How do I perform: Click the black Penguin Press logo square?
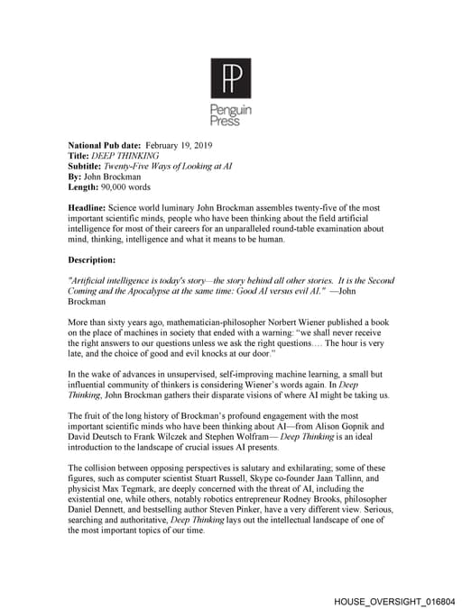(x=230, y=78)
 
